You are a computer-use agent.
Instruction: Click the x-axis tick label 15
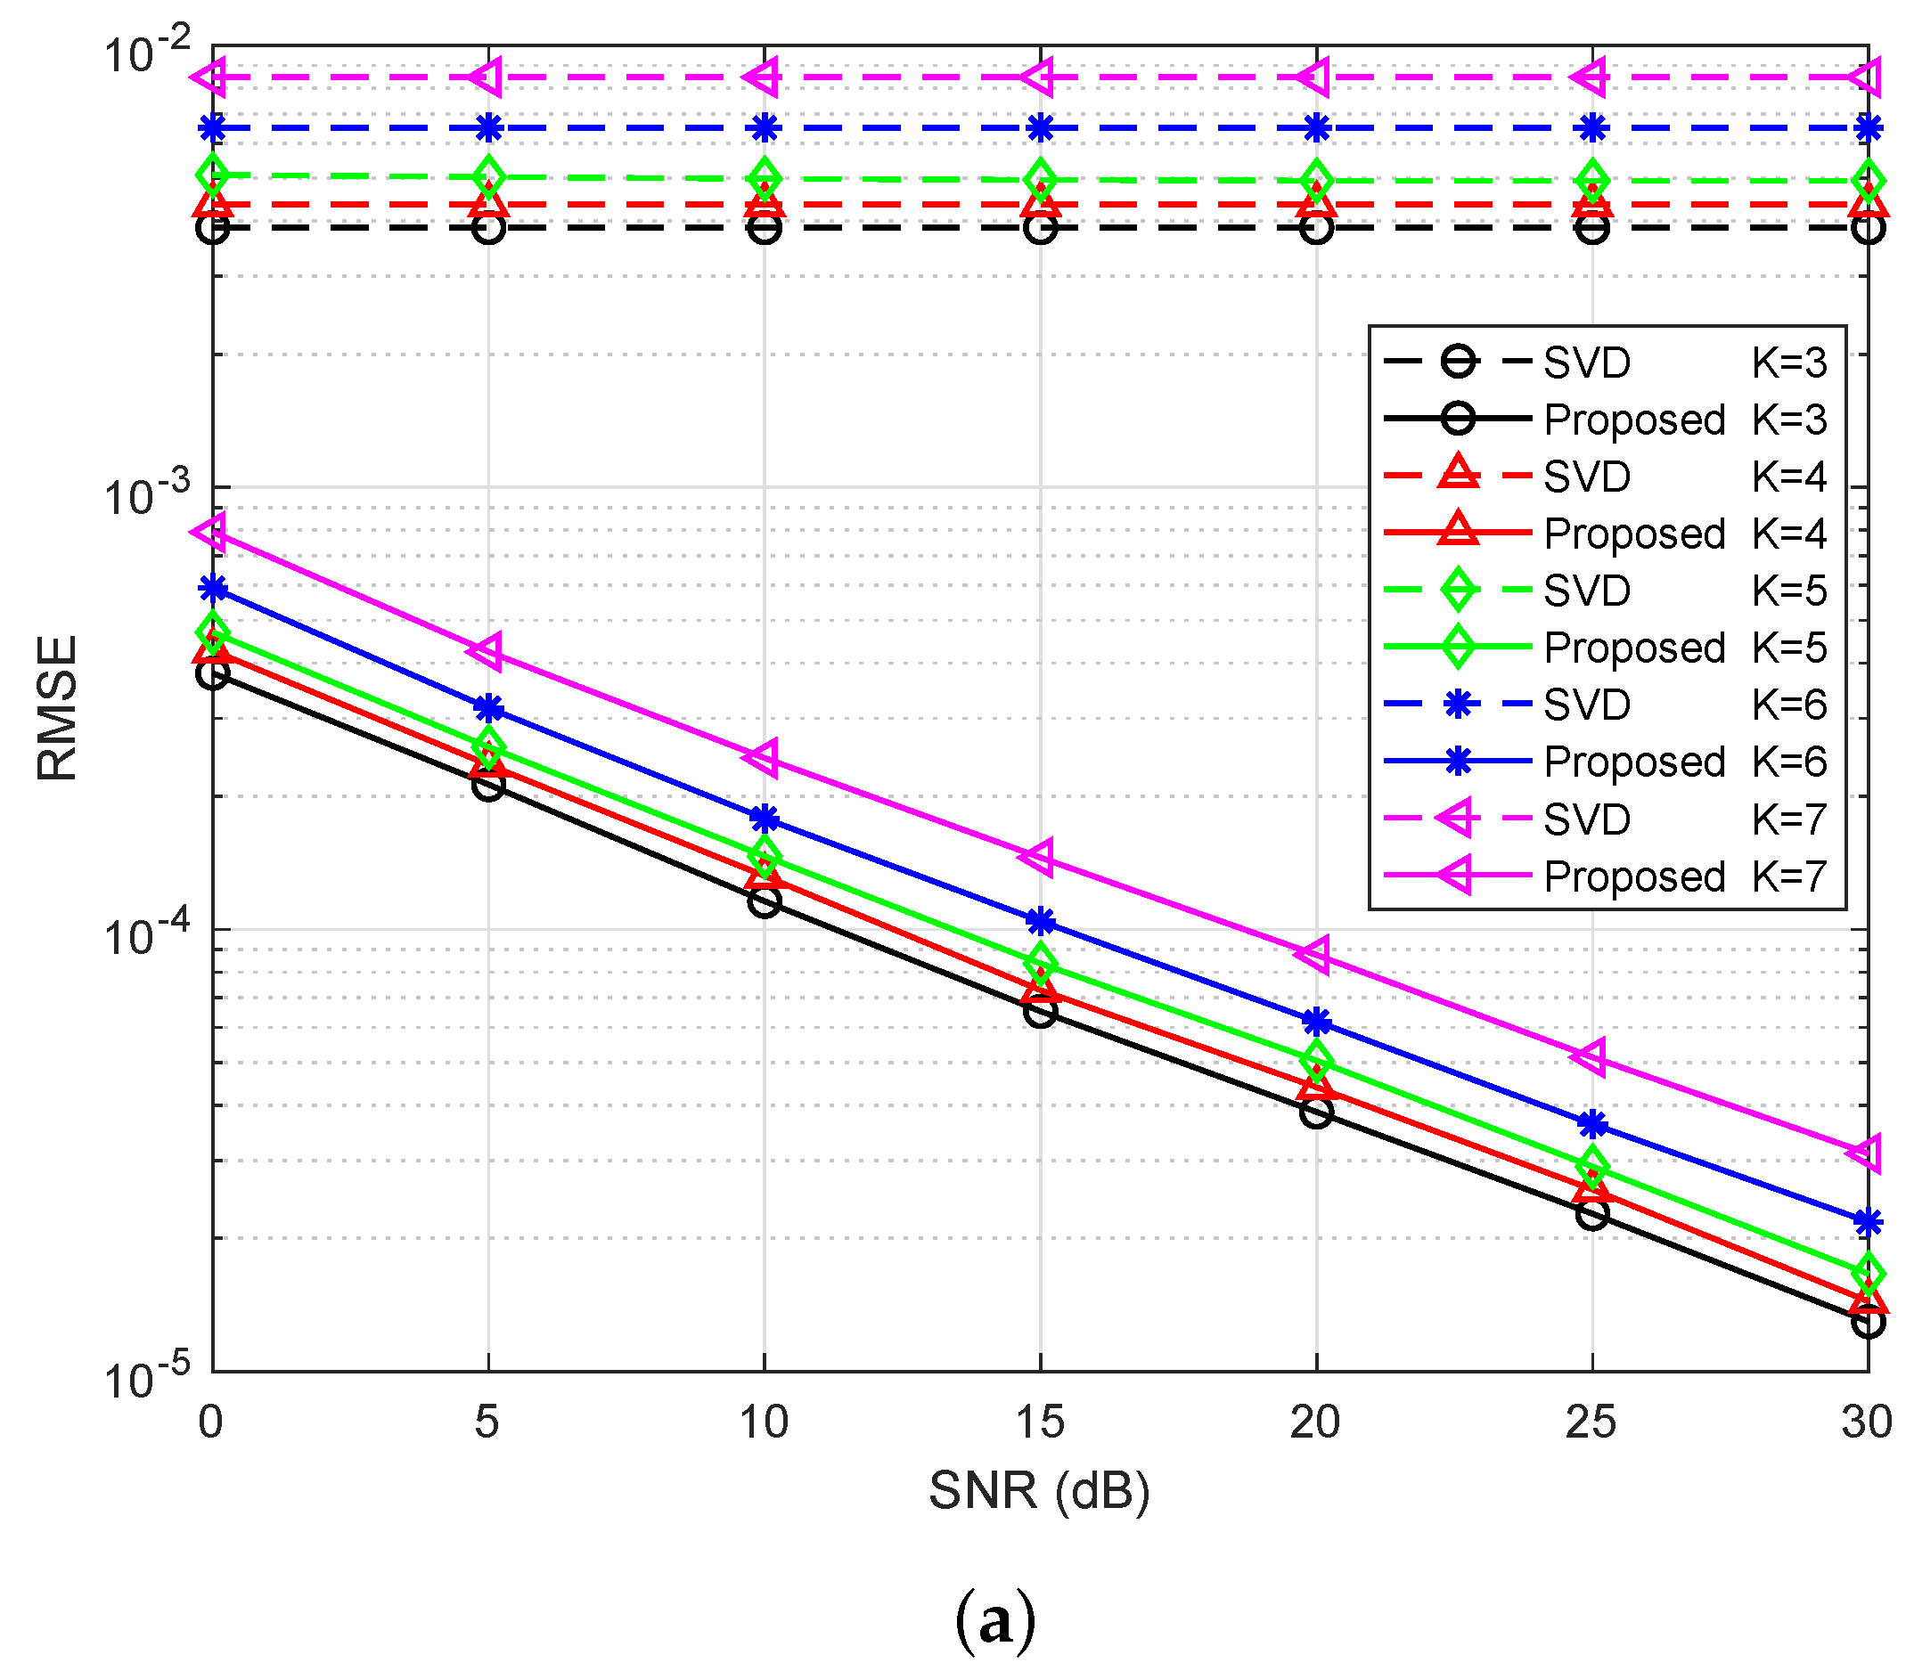click(1039, 1422)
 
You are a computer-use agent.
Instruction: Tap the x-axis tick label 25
click(1591, 1422)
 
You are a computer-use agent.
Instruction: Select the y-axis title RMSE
click(58, 707)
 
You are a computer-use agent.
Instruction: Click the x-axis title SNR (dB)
click(1039, 1490)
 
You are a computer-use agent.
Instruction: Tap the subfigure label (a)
click(995, 1620)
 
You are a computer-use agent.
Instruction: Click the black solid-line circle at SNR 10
click(765, 901)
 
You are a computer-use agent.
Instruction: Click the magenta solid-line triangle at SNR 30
click(1865, 1152)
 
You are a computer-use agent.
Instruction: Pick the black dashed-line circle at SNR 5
click(488, 227)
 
